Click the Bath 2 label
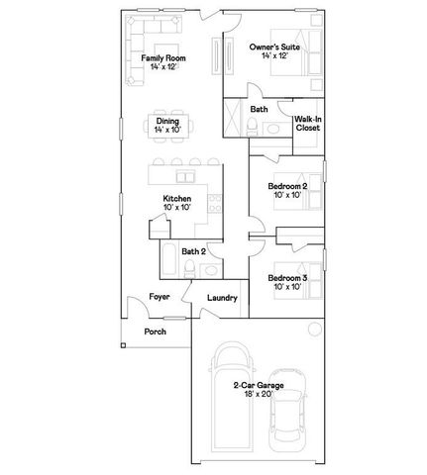point(193,251)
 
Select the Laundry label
point(222,297)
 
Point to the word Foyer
point(159,296)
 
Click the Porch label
point(155,332)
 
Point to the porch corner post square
point(122,345)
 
